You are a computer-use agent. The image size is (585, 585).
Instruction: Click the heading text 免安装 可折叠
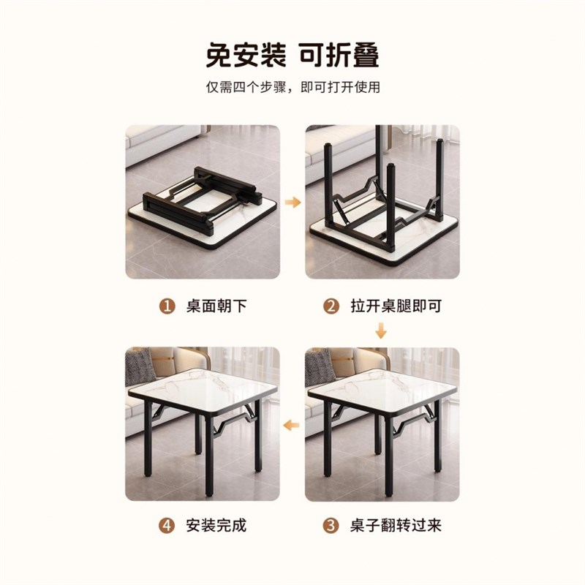292,56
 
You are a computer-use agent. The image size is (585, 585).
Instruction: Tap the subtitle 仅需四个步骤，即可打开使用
292,87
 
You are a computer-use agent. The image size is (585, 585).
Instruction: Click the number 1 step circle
167,306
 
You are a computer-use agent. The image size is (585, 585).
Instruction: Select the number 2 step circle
332,306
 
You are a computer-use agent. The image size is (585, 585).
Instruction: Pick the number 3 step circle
332,525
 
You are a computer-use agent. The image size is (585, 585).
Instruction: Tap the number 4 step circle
167,525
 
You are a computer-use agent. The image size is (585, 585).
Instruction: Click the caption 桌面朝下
218,306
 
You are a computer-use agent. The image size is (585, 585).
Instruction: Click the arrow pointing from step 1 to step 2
292,202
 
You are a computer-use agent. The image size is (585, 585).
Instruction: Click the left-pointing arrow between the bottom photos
292,423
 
